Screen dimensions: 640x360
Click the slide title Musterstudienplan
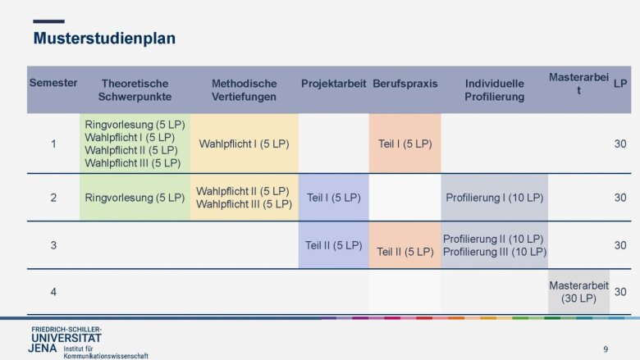coord(104,39)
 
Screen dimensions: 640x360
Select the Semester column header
coord(53,83)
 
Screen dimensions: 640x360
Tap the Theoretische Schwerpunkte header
coord(135,90)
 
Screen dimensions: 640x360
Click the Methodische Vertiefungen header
coord(244,90)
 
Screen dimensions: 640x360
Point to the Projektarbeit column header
coord(333,84)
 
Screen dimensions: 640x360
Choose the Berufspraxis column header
coord(405,84)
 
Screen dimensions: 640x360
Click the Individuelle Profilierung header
coord(494,90)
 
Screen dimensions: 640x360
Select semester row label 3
coord(53,245)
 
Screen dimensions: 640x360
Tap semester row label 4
coord(53,292)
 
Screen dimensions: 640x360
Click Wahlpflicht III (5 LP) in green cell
coord(133,163)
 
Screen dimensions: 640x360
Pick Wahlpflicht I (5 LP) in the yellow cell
coord(244,144)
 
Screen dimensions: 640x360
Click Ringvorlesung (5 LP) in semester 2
coord(135,198)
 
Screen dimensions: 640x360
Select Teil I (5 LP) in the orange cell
coord(405,144)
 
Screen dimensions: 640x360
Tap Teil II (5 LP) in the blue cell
coord(333,245)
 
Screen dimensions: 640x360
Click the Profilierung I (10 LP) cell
coord(494,198)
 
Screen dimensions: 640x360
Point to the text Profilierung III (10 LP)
coord(494,252)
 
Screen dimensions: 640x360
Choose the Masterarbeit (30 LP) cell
coord(578,292)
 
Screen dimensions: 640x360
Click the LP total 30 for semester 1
coord(620,144)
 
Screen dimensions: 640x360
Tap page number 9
coord(606,349)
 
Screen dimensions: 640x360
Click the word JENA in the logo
coord(43,349)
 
